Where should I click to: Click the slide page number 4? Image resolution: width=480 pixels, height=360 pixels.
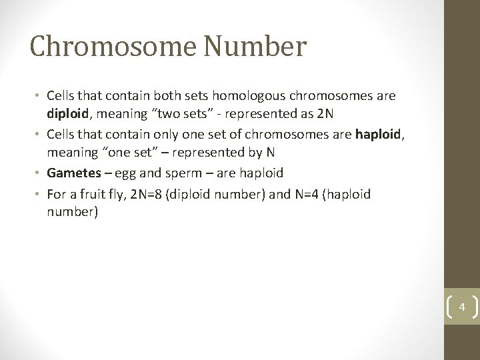coord(461,308)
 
